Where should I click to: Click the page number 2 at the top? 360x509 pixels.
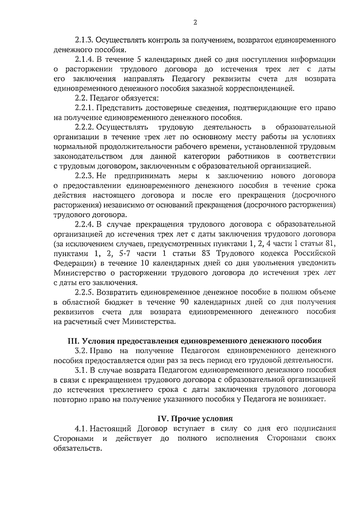point(195,22)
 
